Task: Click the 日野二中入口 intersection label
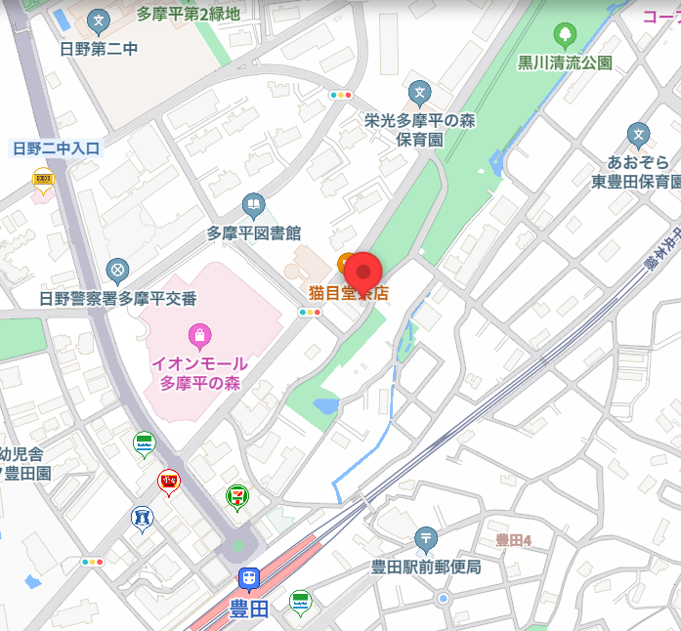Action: [x=56, y=148]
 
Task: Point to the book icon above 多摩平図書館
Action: [x=254, y=205]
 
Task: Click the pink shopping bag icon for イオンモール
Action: [x=199, y=335]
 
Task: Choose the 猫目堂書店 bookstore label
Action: [x=349, y=292]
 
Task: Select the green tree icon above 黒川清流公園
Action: [x=565, y=37]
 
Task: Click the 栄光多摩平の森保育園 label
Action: [x=419, y=130]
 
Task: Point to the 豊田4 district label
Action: [x=512, y=539]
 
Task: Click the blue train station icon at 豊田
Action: [x=249, y=580]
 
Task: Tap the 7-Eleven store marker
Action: [x=236, y=496]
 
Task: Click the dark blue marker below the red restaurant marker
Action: [x=143, y=518]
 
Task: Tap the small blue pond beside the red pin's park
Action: [x=326, y=403]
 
